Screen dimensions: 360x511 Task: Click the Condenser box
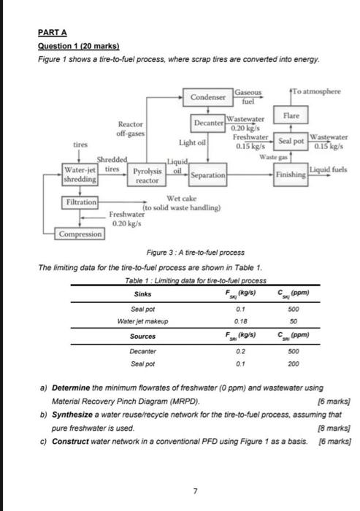pyautogui.click(x=208, y=97)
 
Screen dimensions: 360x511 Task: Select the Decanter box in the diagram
pyautogui.click(x=208, y=123)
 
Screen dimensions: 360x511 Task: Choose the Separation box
pyautogui.click(x=209, y=176)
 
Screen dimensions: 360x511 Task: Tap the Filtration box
pyautogui.click(x=80, y=200)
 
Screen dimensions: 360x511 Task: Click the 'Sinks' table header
pyautogui.click(x=143, y=293)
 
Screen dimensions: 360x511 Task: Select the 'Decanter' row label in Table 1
pyautogui.click(x=143, y=350)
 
